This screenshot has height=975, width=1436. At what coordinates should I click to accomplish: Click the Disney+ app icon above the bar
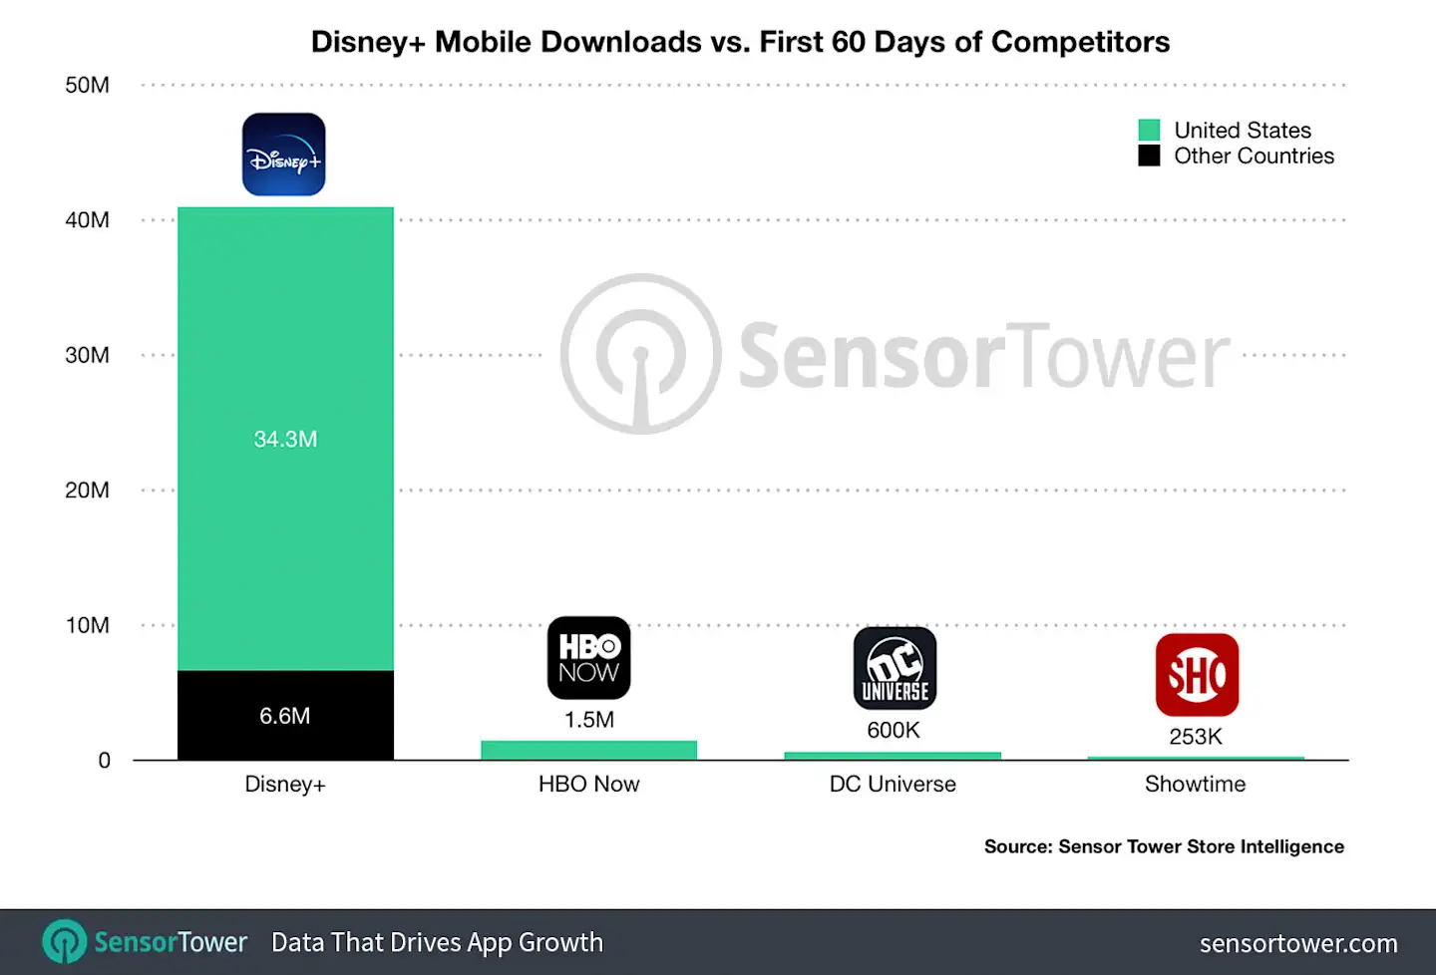coord(283,155)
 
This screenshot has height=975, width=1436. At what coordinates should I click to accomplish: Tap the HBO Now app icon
coord(588,658)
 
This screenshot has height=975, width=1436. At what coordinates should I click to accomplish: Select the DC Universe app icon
coord(895,668)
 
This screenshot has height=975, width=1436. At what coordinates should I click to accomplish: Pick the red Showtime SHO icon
coord(1197,675)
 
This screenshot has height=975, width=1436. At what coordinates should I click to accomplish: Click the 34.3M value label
coord(285,439)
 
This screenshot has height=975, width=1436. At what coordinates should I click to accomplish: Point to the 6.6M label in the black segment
coord(285,716)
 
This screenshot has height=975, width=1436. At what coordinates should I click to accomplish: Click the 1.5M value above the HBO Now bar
coord(588,720)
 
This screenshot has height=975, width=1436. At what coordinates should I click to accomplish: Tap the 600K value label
coord(894,730)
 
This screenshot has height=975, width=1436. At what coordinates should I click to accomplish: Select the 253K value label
coord(1196,737)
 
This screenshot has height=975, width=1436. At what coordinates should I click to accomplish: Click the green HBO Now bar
coord(588,750)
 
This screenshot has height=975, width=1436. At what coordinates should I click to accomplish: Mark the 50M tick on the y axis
coord(87,86)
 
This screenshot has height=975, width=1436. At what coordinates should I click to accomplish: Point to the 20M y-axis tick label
coord(87,490)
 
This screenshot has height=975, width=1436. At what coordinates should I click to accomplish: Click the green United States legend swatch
coord(1149,131)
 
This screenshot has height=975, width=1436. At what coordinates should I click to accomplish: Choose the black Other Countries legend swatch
coord(1149,157)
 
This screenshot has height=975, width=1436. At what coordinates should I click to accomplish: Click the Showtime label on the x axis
coord(1195,785)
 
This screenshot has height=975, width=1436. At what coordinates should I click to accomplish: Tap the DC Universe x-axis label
coord(893,785)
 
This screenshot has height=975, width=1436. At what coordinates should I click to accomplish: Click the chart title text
coord(740,42)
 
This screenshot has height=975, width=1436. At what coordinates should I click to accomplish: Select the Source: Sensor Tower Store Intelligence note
coord(1164,846)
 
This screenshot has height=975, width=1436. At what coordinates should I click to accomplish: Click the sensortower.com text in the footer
coord(1297,943)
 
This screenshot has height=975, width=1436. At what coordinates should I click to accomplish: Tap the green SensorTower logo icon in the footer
coord(65,942)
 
